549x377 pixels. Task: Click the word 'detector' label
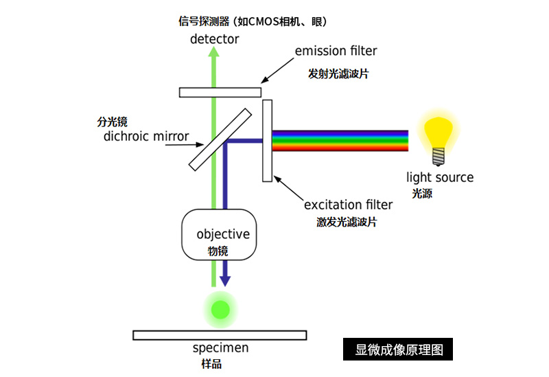coord(215,39)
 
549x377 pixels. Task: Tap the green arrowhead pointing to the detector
coord(215,55)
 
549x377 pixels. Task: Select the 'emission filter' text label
coord(336,51)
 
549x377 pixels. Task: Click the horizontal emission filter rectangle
coord(220,92)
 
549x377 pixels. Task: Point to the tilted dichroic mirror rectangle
coord(220,138)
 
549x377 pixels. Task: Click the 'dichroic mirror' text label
coord(146,136)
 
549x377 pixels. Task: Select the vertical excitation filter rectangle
coord(267,141)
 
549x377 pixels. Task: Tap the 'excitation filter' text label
coord(348,205)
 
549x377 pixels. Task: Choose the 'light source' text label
coord(440,178)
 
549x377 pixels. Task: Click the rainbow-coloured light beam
coord(340,140)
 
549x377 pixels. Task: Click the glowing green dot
coord(220,309)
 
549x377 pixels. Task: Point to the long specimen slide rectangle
coord(220,335)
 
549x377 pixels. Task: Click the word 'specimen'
coord(220,348)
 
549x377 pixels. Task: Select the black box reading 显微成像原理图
coord(398,350)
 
